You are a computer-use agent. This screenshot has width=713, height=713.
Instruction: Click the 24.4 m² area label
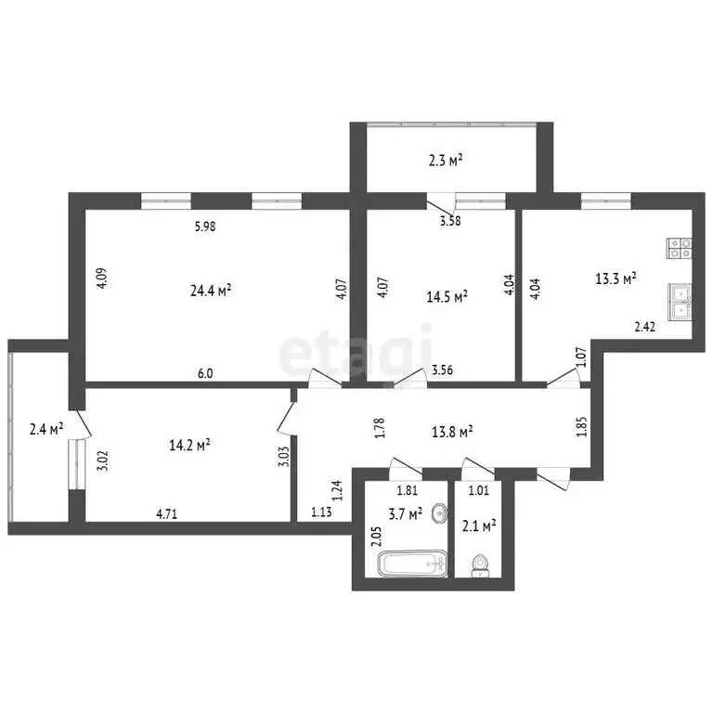pyautogui.click(x=211, y=290)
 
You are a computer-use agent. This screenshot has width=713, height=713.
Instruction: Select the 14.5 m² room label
pyautogui.click(x=447, y=296)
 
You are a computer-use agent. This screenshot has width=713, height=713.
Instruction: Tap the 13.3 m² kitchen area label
pyautogui.click(x=616, y=279)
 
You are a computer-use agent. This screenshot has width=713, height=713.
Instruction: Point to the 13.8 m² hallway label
pyautogui.click(x=452, y=431)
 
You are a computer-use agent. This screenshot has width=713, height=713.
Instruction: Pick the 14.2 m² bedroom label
pyautogui.click(x=189, y=445)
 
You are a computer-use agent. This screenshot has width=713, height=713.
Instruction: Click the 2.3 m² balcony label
pyautogui.click(x=446, y=160)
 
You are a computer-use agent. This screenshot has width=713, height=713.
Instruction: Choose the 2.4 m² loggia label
pyautogui.click(x=46, y=428)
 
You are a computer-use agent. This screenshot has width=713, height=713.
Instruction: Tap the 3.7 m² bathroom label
pyautogui.click(x=405, y=514)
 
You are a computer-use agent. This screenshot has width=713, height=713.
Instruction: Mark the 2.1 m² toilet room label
pyautogui.click(x=479, y=526)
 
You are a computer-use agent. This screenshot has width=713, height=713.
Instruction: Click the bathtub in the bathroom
pyautogui.click(x=412, y=564)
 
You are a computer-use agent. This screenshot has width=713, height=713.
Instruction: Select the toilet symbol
pyautogui.click(x=480, y=565)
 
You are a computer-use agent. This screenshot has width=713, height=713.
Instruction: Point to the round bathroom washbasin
pyautogui.click(x=439, y=513)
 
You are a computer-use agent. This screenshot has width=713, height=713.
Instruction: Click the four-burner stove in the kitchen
pyautogui.click(x=680, y=248)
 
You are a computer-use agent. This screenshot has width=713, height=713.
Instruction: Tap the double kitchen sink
pyautogui.click(x=680, y=302)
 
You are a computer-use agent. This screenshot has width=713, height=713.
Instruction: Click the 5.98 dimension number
pyautogui.click(x=205, y=226)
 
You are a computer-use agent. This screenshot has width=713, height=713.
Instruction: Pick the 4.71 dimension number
pyautogui.click(x=167, y=513)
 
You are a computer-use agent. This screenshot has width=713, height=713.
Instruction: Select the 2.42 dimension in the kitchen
pyautogui.click(x=645, y=326)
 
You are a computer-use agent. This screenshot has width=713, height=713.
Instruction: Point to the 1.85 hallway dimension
pyautogui.click(x=581, y=427)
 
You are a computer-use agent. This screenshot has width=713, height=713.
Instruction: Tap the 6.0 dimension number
pyautogui.click(x=205, y=373)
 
